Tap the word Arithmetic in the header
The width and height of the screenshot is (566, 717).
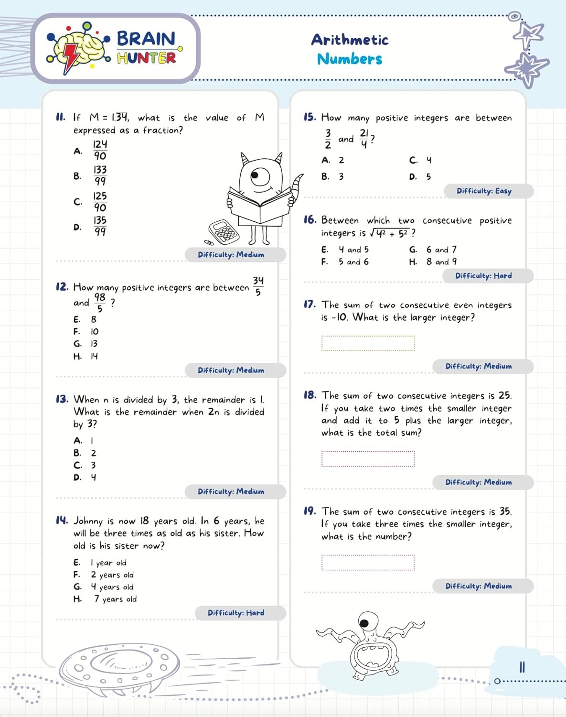(x=350, y=40)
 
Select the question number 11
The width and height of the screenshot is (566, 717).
(x=61, y=117)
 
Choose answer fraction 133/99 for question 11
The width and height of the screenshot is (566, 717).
(x=100, y=175)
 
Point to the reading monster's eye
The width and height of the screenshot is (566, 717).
(x=260, y=176)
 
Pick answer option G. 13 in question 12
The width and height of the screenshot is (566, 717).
(x=86, y=344)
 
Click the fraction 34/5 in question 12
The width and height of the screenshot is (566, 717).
(x=258, y=286)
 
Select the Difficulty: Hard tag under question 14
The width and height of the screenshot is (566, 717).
(x=236, y=613)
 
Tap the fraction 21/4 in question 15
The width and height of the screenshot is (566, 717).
(x=364, y=139)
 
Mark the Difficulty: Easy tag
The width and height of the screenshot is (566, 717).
(x=484, y=191)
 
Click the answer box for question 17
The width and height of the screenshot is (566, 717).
(x=368, y=343)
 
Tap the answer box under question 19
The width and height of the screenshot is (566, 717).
(x=368, y=563)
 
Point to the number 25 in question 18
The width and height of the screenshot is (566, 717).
(x=504, y=395)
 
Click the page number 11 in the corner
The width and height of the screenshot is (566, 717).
(x=522, y=667)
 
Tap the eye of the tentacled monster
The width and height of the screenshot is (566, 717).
(x=364, y=623)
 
